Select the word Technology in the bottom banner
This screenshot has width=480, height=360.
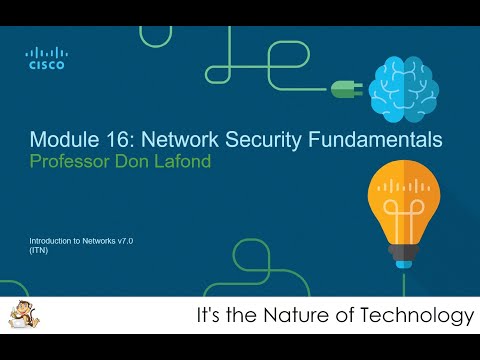point(421,318)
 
